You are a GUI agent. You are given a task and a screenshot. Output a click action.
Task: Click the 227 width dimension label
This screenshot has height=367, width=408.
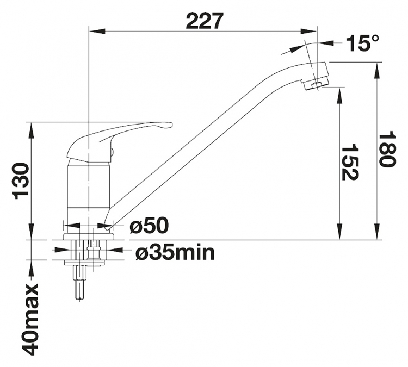click(x=205, y=21)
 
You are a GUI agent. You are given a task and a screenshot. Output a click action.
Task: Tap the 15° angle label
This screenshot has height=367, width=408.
click(x=362, y=43)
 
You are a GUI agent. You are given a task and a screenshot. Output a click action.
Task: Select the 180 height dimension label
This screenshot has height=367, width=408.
click(x=388, y=150)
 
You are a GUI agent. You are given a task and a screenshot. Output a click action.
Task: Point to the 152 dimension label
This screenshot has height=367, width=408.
click(x=350, y=161)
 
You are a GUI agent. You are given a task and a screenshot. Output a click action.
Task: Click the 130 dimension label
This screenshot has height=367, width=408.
click(x=21, y=181)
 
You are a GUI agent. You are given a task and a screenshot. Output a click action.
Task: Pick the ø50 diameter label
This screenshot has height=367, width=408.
click(x=149, y=225)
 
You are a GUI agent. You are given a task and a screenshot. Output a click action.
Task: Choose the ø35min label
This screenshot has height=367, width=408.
click(x=175, y=252)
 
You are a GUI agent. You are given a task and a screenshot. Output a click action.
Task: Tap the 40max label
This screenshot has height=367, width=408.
click(x=30, y=319)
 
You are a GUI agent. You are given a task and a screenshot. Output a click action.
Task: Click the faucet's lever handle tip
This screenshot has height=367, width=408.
click(x=170, y=125)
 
